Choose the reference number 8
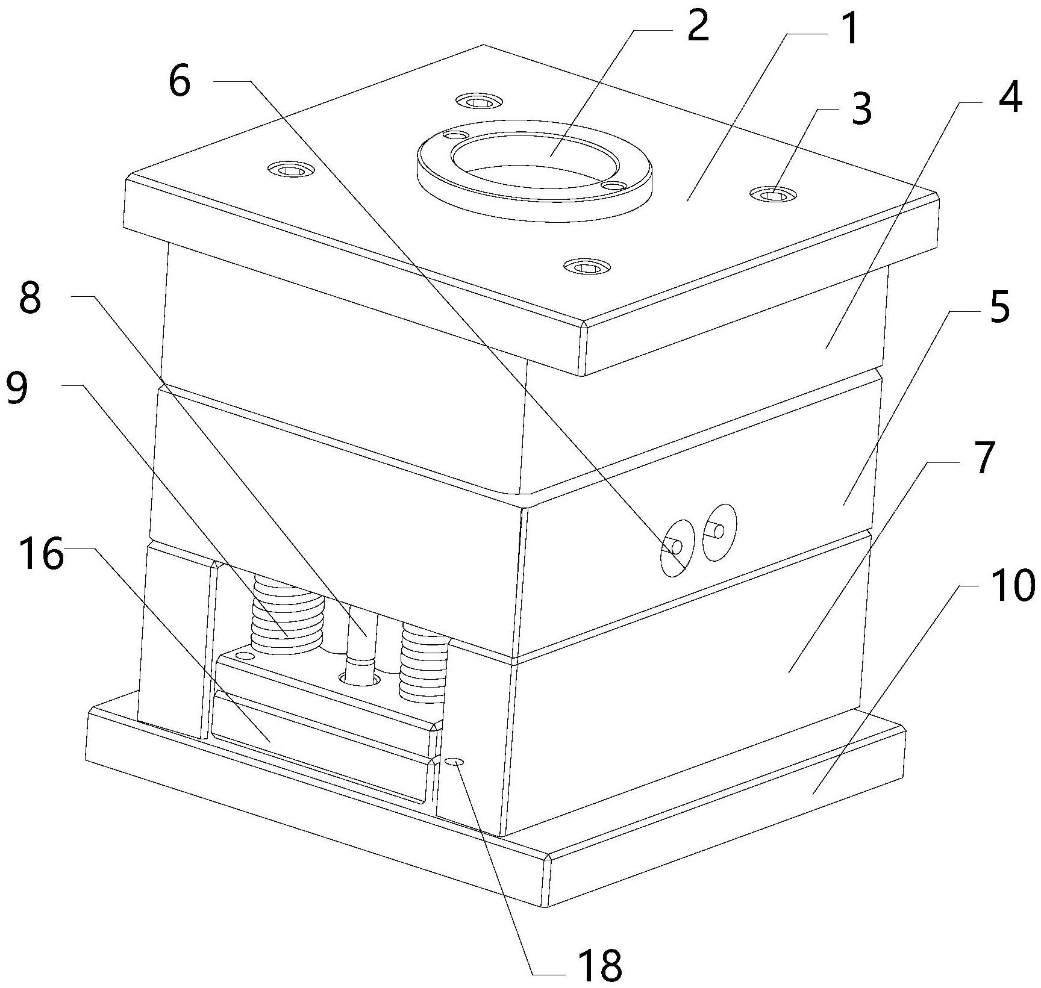[x=30, y=297]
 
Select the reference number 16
[x=42, y=555]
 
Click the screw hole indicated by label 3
[x=773, y=194]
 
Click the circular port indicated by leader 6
[x=677, y=547]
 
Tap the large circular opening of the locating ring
[x=534, y=157]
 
